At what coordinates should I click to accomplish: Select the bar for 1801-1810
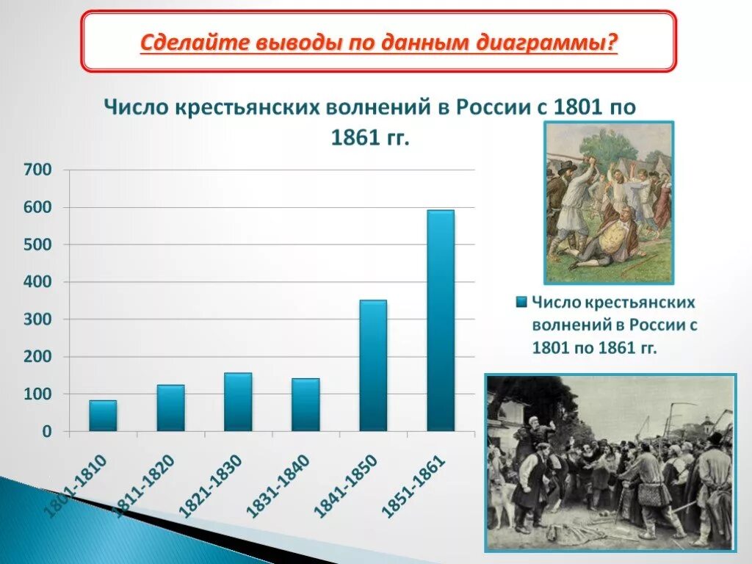pos(103,416)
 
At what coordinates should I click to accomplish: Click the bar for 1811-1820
pos(170,408)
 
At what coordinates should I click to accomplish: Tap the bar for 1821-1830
pos(238,402)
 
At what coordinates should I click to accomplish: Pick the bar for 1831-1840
pos(305,405)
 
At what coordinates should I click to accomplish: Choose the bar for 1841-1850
pos(373,366)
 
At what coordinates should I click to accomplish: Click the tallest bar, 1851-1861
pos(441,321)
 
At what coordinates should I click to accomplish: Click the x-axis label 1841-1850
pos(345,485)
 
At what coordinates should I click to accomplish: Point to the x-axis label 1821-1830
pos(211,485)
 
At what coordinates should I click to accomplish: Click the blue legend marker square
pos(521,302)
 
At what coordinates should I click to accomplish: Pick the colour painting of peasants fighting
pos(608,203)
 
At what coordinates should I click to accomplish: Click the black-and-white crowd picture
pos(610,463)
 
